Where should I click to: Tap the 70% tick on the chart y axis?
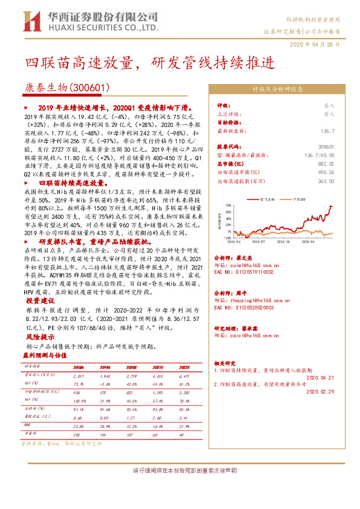(x=224, y=204)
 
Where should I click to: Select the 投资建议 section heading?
(x=40, y=300)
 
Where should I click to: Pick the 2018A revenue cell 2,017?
(x=79, y=376)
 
